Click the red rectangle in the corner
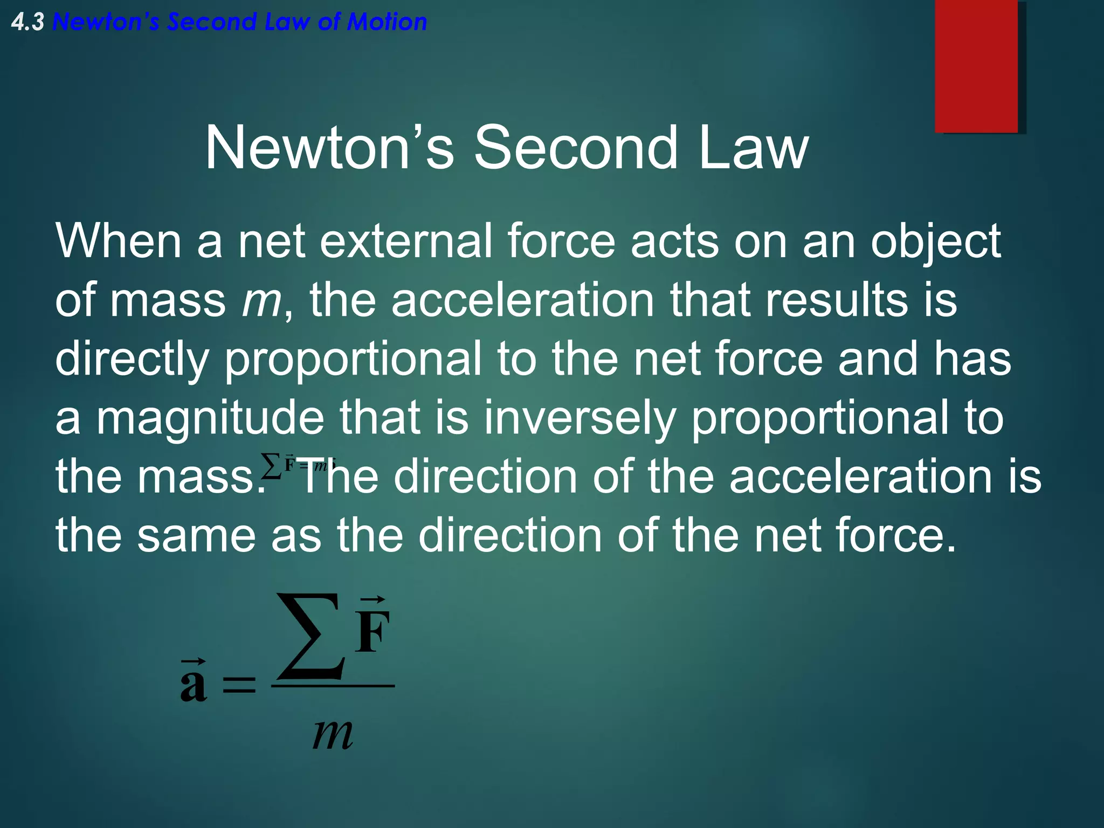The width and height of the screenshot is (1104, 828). (x=976, y=66)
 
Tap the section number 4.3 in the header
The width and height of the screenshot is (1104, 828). (x=27, y=22)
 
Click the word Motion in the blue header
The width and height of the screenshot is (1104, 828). (x=387, y=22)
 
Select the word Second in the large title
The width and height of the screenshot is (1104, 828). (x=575, y=147)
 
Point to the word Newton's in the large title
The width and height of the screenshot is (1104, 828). (x=329, y=147)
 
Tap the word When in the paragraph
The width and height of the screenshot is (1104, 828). (x=118, y=241)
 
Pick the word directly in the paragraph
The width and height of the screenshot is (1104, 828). (x=132, y=360)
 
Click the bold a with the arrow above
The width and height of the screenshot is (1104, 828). (x=193, y=685)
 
